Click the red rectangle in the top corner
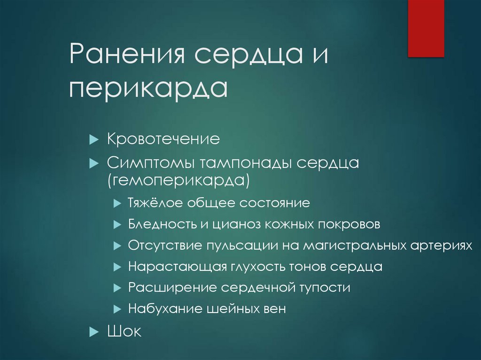point(426,28)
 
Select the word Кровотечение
point(163,139)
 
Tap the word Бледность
point(162,224)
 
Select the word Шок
point(124,332)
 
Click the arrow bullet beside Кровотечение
point(93,140)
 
